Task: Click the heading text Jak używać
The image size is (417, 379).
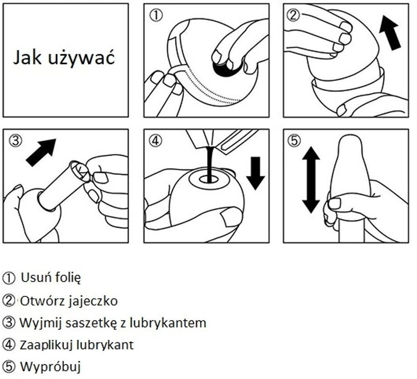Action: (64, 58)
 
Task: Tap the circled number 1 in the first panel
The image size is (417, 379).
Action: (156, 16)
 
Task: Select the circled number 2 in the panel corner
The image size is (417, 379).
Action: (293, 15)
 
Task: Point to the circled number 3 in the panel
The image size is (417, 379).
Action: (15, 141)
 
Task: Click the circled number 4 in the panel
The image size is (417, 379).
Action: (155, 141)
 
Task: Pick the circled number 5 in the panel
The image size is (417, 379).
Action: (294, 140)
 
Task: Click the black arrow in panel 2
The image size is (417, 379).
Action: (389, 32)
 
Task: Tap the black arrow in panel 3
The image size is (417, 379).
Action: (41, 152)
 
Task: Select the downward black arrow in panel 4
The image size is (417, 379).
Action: (255, 173)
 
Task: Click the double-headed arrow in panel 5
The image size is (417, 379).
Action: (311, 180)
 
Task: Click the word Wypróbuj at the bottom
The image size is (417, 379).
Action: (50, 367)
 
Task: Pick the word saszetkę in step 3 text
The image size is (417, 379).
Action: (91, 323)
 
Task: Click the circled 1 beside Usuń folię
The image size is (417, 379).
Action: (9, 278)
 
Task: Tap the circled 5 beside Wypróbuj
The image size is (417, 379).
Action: (9, 367)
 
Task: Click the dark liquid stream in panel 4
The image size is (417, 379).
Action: (209, 164)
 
